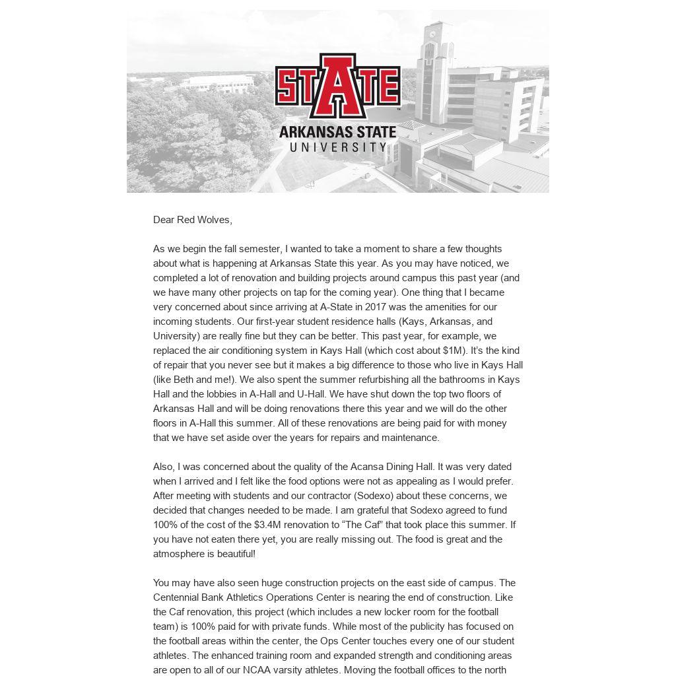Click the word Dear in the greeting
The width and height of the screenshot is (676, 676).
[164, 220]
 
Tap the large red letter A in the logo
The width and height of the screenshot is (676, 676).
[337, 86]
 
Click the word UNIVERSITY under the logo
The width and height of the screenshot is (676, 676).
[337, 147]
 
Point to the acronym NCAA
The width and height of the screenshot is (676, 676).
[257, 670]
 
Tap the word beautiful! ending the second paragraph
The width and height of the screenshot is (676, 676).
[230, 554]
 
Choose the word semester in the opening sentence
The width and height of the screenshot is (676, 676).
[259, 249]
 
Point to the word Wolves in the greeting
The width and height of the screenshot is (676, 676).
[213, 220]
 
